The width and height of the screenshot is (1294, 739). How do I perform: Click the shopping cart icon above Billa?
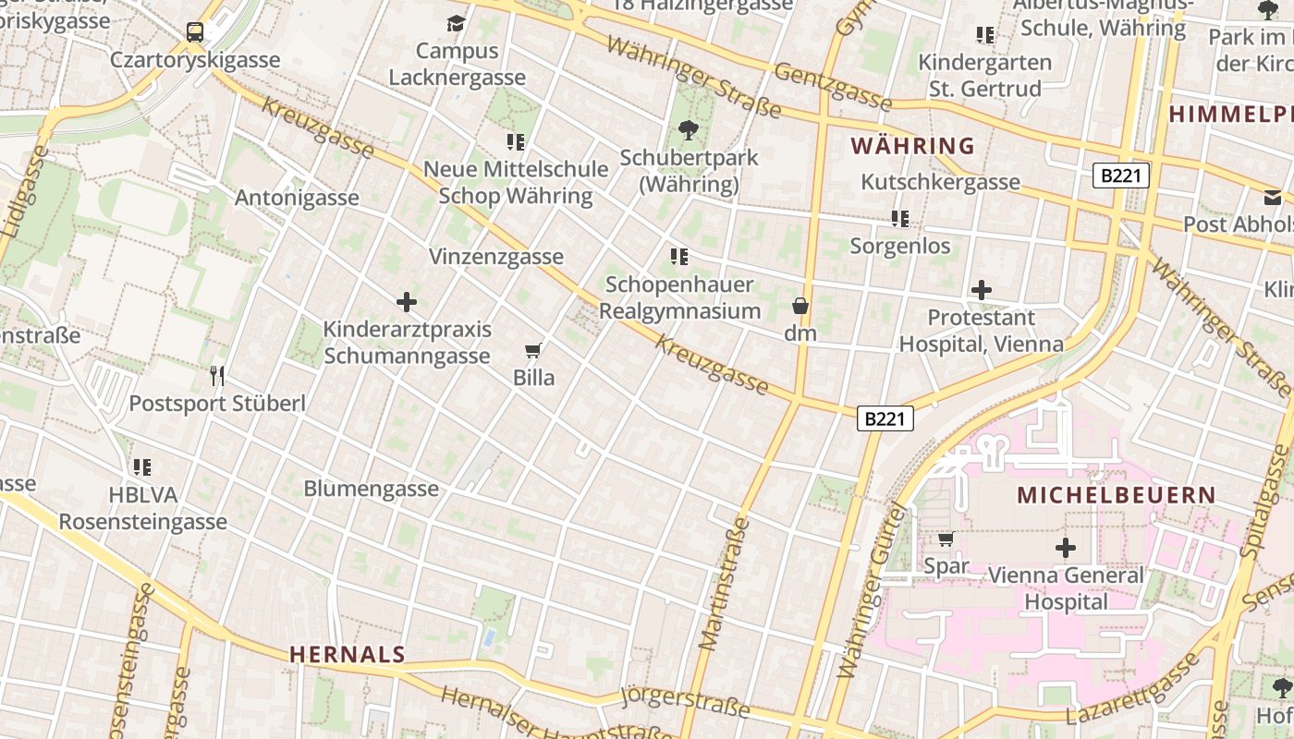pyautogui.click(x=532, y=350)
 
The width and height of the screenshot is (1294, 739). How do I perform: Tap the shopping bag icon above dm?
pyautogui.click(x=800, y=306)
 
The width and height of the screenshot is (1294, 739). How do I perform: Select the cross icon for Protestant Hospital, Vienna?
pyautogui.click(x=982, y=290)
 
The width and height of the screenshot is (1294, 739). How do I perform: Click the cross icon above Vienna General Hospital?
pyautogui.click(x=1066, y=548)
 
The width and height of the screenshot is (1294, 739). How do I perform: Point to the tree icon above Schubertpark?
pyautogui.click(x=688, y=129)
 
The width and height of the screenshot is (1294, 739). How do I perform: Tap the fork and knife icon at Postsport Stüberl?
pyautogui.click(x=217, y=375)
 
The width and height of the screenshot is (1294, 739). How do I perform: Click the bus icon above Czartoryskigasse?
pyautogui.click(x=195, y=32)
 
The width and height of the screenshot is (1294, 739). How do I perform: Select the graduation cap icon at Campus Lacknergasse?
pyautogui.click(x=456, y=23)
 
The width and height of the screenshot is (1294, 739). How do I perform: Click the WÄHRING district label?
pyautogui.click(x=912, y=146)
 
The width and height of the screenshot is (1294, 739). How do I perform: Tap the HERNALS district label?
pyautogui.click(x=347, y=655)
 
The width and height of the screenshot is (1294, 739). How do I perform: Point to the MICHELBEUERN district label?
pyautogui.click(x=1116, y=495)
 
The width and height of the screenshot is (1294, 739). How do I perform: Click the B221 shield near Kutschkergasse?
pyautogui.click(x=1120, y=176)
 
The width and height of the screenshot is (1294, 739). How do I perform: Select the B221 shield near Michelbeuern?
pyautogui.click(x=885, y=418)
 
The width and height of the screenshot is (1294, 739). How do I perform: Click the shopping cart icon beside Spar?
pyautogui.click(x=946, y=539)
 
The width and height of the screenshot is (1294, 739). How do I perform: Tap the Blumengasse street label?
pyautogui.click(x=371, y=489)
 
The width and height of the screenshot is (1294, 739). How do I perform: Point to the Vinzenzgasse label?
pyautogui.click(x=496, y=257)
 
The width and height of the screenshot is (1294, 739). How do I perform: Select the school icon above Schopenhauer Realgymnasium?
pyautogui.click(x=679, y=256)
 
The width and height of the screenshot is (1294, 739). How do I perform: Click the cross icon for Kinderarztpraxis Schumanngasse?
pyautogui.click(x=407, y=302)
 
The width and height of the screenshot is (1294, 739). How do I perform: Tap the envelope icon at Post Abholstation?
pyautogui.click(x=1273, y=197)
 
